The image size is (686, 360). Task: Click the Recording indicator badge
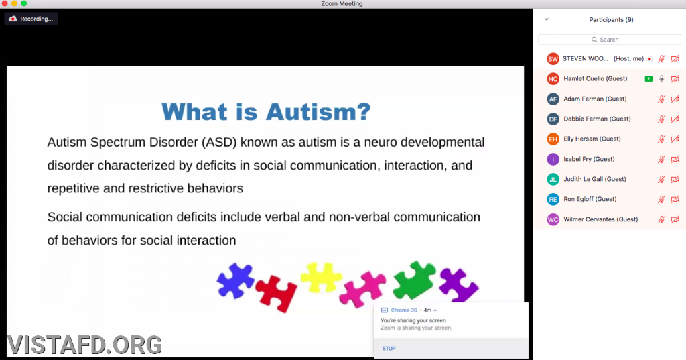(31, 19)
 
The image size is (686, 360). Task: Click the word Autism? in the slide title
(318, 112)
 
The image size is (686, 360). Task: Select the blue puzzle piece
(235, 281)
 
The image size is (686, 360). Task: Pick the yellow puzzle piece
(321, 278)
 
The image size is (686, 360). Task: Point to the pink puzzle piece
(363, 289)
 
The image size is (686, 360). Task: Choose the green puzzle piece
(414, 280)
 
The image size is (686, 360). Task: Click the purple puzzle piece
(458, 285)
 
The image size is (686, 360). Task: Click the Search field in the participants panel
(610, 40)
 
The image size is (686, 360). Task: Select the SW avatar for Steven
(553, 59)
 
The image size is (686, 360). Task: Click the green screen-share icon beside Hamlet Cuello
(648, 79)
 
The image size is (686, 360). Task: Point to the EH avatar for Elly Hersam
(553, 139)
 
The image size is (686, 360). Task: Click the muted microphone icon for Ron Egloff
(661, 199)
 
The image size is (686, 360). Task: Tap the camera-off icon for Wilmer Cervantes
(675, 219)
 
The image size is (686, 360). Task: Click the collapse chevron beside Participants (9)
(547, 19)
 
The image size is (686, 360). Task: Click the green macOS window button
(23, 3)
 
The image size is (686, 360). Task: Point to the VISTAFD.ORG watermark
(84, 345)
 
